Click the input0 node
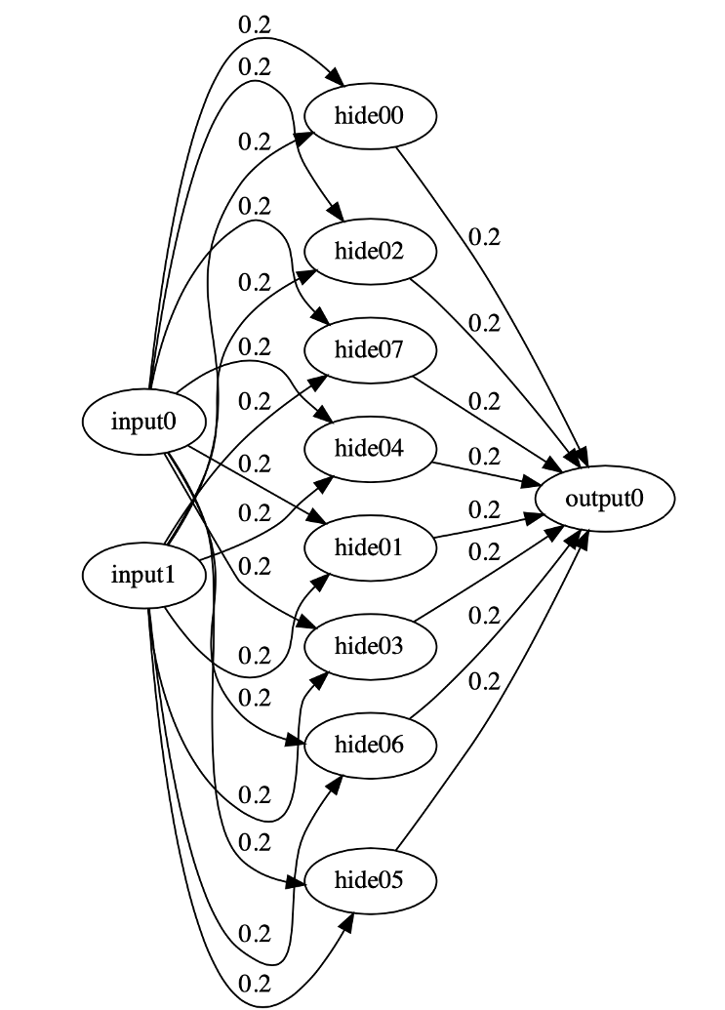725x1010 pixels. click(x=144, y=422)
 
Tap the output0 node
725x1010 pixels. click(x=605, y=499)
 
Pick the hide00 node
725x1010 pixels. click(x=370, y=116)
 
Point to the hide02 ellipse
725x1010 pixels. click(x=370, y=251)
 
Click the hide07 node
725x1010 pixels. click(x=370, y=349)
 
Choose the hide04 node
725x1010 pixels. click(x=370, y=448)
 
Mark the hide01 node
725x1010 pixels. click(x=370, y=546)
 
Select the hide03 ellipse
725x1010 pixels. click(x=370, y=645)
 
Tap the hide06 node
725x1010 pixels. click(x=370, y=745)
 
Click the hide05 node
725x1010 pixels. click(x=370, y=881)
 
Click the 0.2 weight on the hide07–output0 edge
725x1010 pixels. click(x=484, y=401)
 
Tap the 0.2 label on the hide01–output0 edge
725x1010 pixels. click(x=484, y=509)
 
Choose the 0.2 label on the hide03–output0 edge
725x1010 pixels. click(x=484, y=551)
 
